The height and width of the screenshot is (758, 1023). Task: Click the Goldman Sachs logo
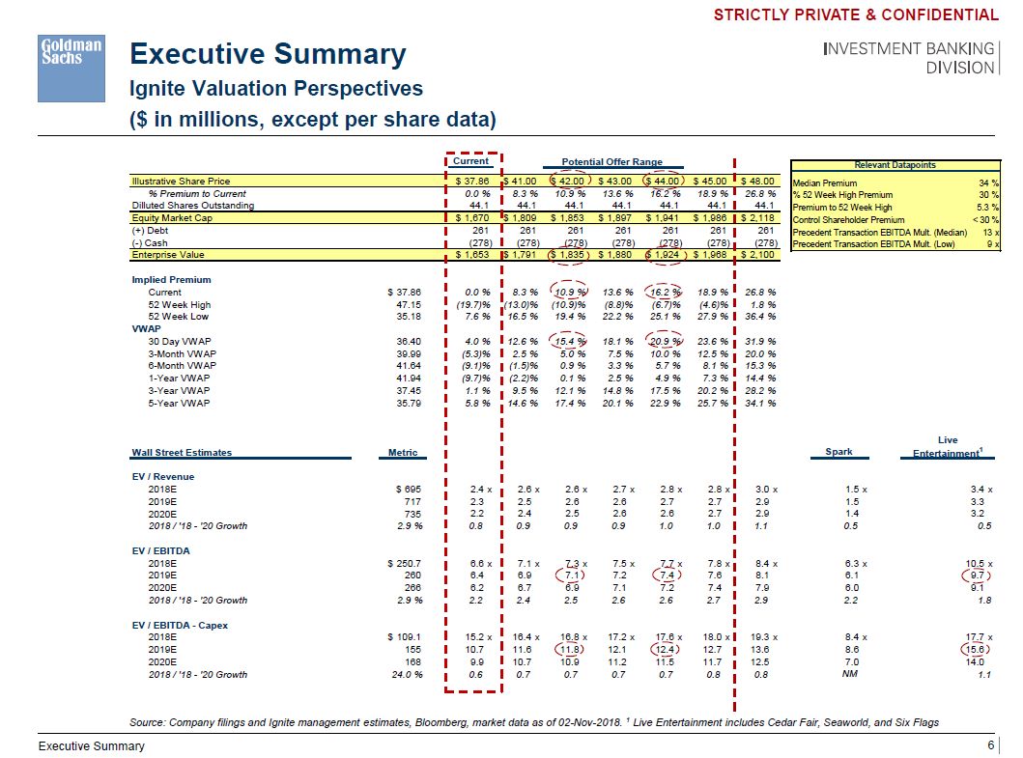[71, 68]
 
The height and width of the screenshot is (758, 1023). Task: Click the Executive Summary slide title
[268, 53]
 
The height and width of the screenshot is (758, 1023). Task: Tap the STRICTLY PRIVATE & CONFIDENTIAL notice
[856, 14]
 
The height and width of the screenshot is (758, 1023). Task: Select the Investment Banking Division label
[909, 58]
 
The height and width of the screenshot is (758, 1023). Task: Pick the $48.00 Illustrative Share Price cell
[758, 181]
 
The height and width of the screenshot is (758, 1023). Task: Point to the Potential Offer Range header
[612, 162]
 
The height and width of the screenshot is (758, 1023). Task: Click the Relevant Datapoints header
[899, 165]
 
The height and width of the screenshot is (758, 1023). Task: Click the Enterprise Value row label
[166, 255]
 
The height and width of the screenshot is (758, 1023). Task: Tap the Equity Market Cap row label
[171, 218]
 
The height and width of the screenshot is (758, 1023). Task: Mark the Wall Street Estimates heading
[182, 452]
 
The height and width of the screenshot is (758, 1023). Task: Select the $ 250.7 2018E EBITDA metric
[407, 564]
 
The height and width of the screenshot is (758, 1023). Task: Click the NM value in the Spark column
[850, 675]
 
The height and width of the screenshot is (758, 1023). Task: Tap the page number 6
[990, 745]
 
